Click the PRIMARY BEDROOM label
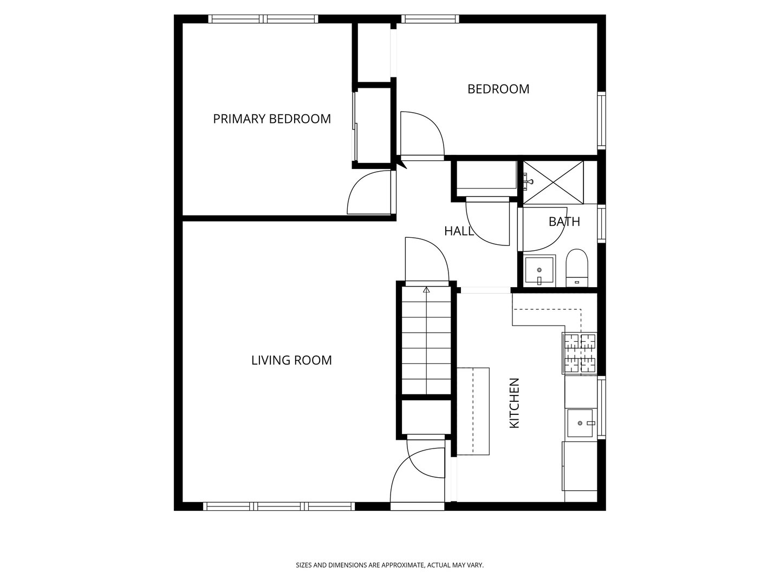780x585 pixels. (271, 119)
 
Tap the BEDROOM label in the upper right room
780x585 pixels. (498, 89)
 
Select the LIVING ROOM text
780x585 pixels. (291, 360)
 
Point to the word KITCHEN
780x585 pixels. (515, 403)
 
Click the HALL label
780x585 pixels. (458, 231)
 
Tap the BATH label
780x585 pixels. (564, 222)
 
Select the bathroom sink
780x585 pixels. (539, 270)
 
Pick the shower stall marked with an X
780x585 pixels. (552, 182)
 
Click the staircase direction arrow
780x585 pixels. (426, 291)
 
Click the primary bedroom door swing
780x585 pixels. (368, 192)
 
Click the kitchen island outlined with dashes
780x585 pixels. (473, 411)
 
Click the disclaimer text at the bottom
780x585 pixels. (389, 565)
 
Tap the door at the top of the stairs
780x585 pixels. (426, 260)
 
